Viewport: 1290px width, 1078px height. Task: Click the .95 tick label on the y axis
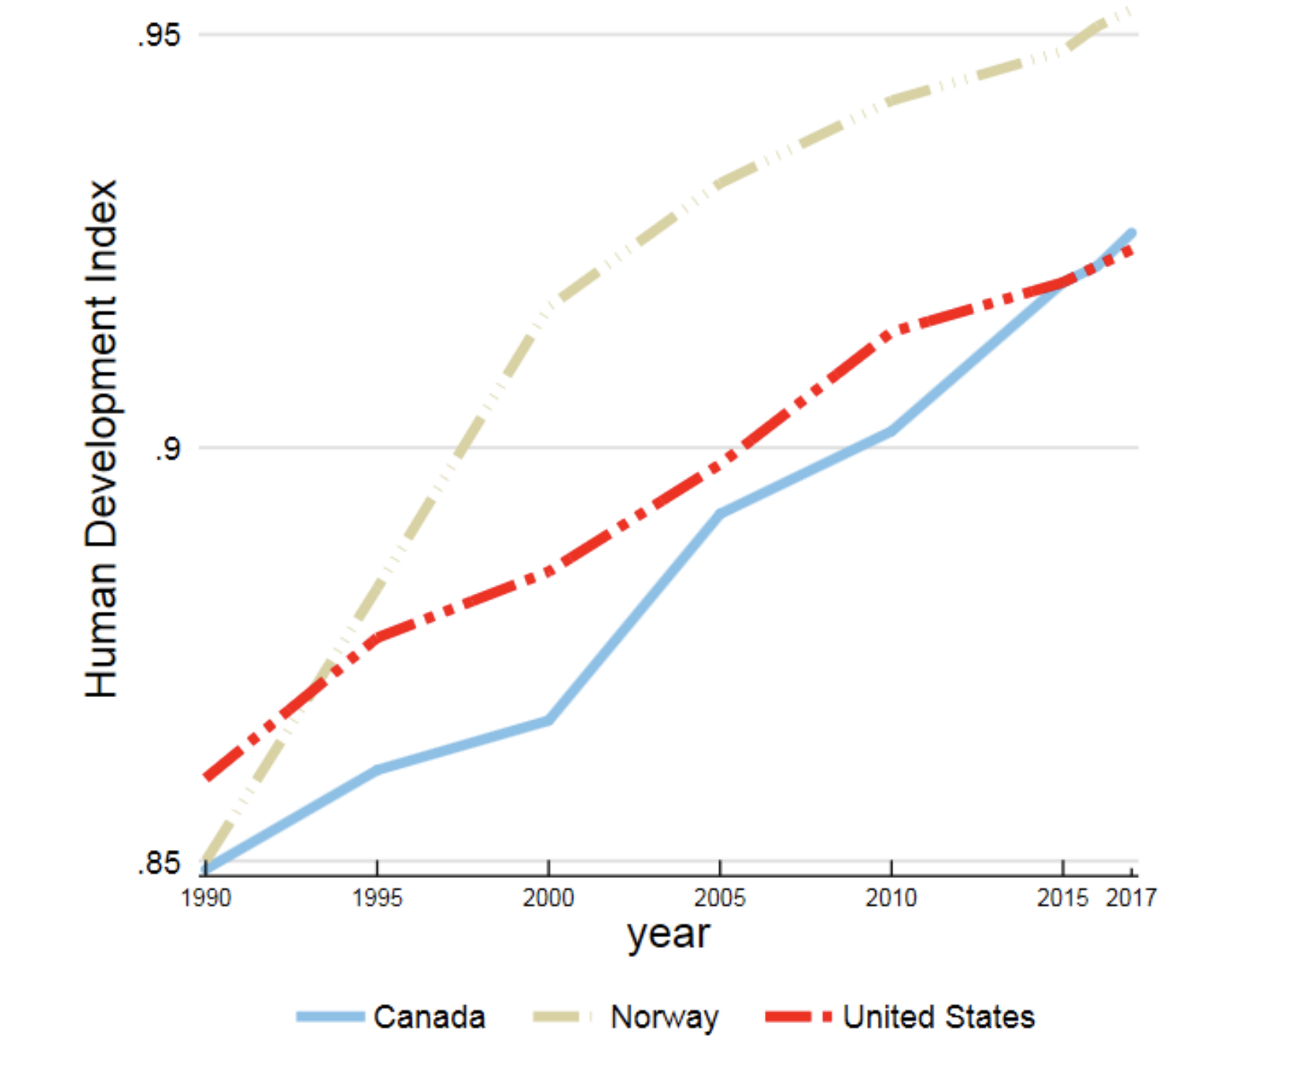159,35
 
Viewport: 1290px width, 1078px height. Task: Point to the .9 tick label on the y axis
167,448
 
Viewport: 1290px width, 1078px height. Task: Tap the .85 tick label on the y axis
159,862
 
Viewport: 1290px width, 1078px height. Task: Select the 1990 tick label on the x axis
206,898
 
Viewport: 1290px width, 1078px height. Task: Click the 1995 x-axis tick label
377,898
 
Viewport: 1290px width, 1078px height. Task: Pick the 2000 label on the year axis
548,898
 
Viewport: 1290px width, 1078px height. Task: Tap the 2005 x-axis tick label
720,898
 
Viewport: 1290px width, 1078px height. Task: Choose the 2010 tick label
891,898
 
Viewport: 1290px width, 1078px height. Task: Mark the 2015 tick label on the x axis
1062,898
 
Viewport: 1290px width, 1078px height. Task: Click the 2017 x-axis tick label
1131,898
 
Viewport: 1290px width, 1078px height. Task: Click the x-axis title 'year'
669,935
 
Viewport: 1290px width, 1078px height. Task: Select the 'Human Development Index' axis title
101,439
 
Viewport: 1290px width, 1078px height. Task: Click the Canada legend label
429,1017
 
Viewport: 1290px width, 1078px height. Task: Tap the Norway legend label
664,1017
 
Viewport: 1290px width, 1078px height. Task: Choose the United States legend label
939,1017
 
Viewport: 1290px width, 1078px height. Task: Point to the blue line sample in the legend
330,1017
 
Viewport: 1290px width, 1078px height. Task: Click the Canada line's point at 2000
548,720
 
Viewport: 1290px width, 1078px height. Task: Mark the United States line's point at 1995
377,638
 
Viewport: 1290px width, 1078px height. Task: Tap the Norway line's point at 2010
891,100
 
